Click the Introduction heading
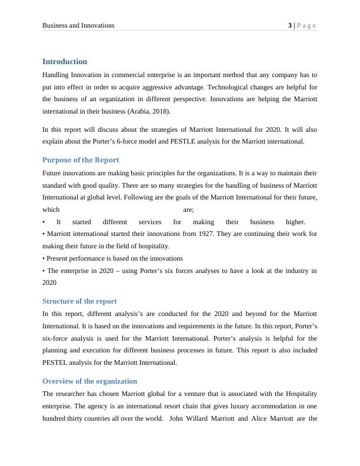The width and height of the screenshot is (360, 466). point(65,62)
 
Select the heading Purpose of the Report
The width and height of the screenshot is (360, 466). point(81,160)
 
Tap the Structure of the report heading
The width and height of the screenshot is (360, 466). point(79,301)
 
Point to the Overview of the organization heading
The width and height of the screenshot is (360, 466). point(89,381)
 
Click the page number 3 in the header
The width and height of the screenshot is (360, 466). point(289,25)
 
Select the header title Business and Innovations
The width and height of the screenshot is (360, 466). point(78,25)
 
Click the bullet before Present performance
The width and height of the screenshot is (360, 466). point(44,258)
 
